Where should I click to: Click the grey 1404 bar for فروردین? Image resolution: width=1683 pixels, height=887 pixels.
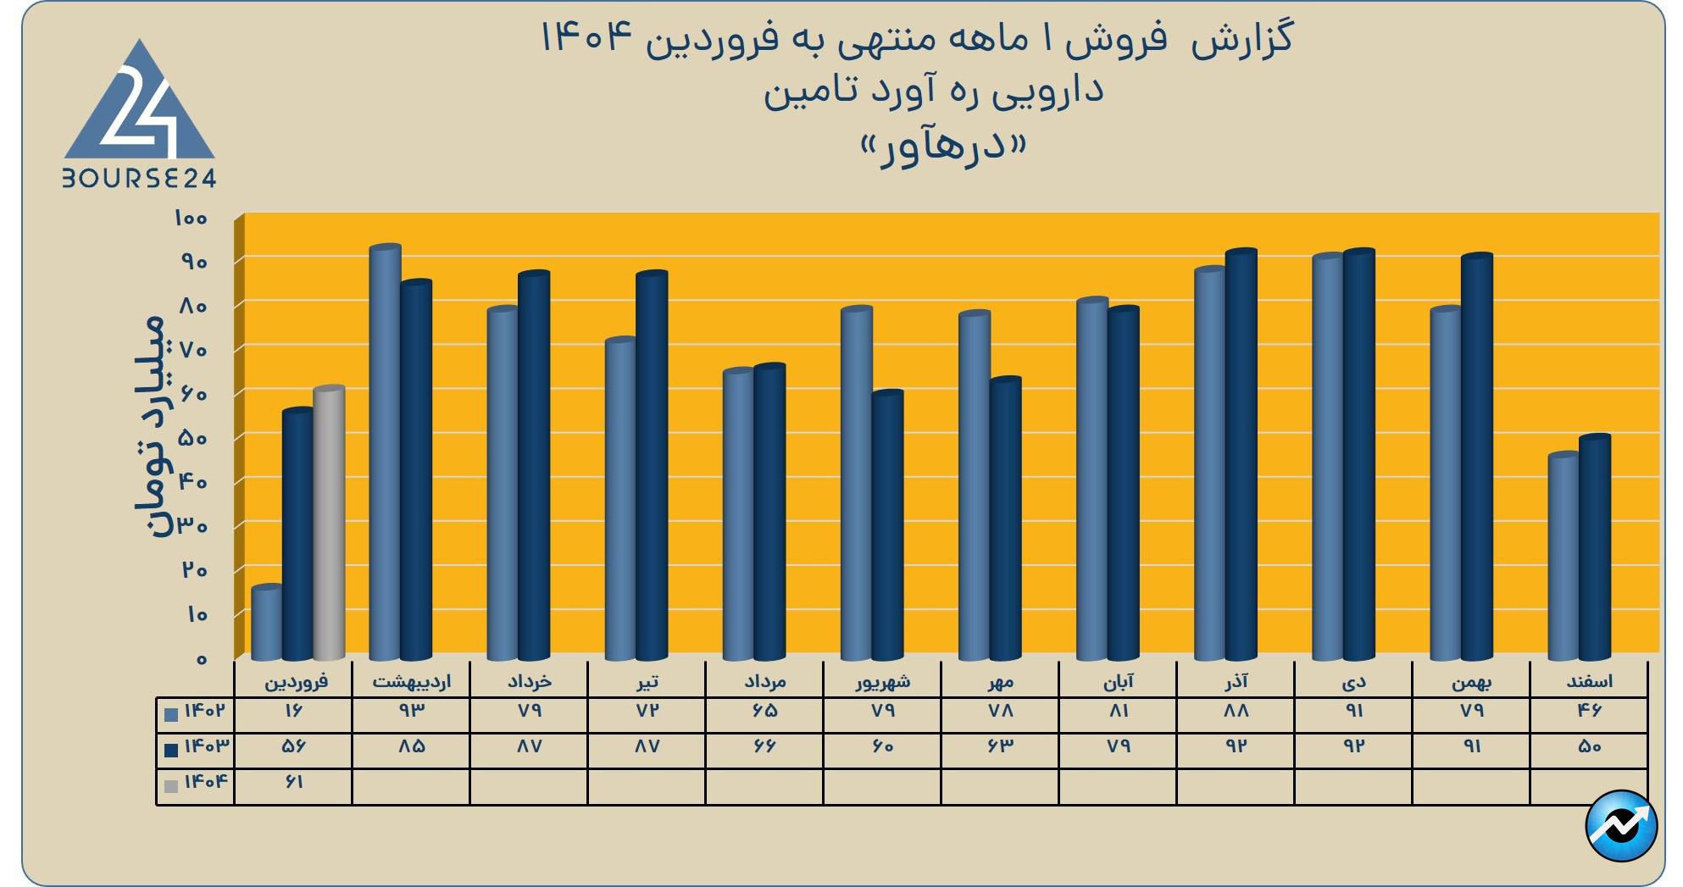[329, 523]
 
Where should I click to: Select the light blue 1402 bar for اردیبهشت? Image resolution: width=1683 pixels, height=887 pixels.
[385, 452]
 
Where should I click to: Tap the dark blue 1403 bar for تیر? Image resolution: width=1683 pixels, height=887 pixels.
[652, 466]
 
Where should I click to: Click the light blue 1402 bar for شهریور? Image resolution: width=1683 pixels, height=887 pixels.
[856, 483]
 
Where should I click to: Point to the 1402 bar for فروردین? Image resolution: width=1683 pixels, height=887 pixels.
[267, 623]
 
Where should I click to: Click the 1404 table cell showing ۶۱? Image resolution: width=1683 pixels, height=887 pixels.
[293, 782]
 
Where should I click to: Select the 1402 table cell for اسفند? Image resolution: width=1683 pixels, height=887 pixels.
[1589, 711]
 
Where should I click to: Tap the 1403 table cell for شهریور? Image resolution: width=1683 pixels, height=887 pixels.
[882, 746]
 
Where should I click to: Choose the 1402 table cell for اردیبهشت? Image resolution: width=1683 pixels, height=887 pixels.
[411, 711]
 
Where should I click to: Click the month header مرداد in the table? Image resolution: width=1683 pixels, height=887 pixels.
[764, 681]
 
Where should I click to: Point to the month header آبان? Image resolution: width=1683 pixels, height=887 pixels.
[1118, 681]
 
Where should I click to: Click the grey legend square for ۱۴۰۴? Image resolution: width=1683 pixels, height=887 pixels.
[171, 785]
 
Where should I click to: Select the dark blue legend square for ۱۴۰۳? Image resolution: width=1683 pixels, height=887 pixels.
[171, 750]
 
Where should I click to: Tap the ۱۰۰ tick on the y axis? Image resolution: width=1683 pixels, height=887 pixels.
[191, 219]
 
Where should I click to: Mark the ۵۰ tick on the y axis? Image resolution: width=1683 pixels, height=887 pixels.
[194, 439]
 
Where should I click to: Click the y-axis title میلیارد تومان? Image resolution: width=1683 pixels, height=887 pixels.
[151, 425]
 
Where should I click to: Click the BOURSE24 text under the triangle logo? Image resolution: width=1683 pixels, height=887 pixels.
[140, 178]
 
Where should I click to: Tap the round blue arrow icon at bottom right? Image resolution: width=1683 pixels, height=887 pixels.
[1620, 826]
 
